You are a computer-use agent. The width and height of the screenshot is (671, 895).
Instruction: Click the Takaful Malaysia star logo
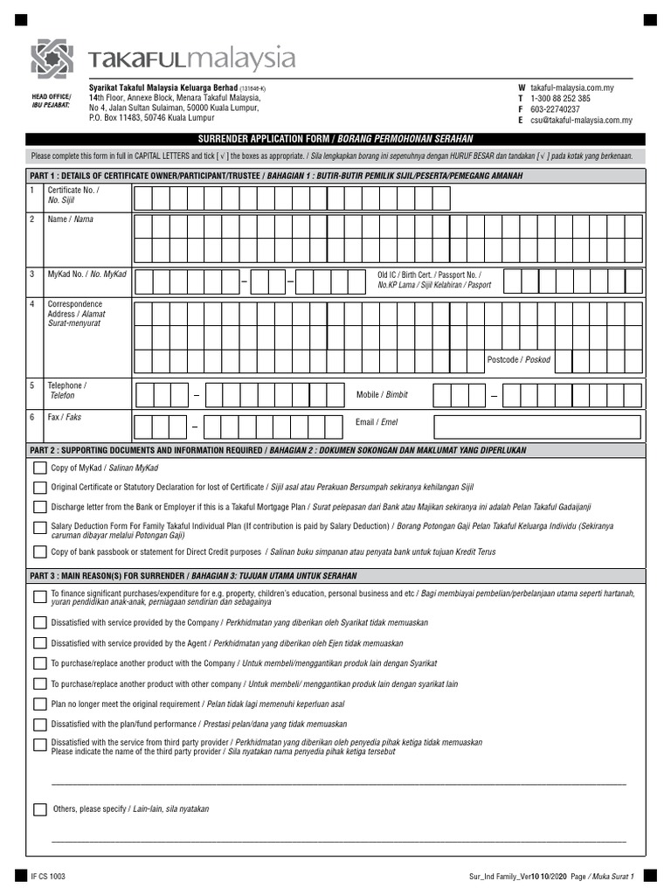52,59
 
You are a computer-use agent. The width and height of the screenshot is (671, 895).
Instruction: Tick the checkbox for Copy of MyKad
40,468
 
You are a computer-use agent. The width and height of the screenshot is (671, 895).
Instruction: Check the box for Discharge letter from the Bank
40,507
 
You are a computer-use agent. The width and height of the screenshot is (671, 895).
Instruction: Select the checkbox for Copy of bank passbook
40,552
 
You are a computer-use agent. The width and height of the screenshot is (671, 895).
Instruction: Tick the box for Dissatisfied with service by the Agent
40,642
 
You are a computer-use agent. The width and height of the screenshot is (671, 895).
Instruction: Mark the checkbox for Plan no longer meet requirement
40,704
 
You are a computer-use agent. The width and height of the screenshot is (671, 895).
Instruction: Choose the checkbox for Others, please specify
40,809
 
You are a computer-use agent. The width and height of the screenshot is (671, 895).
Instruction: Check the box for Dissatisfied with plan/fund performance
40,724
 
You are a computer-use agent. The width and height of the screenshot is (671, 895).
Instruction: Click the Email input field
538,426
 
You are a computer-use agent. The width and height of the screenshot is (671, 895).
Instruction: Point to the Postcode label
519,359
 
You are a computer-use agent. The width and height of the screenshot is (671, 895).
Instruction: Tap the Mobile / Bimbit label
382,395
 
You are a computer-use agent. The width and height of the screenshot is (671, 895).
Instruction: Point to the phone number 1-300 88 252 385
560,99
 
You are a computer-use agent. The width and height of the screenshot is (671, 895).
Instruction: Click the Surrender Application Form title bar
335,139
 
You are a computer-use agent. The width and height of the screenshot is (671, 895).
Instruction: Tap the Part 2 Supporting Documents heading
278,450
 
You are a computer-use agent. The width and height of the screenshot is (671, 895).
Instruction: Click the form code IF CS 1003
48,876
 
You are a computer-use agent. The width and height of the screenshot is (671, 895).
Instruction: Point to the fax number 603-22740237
555,110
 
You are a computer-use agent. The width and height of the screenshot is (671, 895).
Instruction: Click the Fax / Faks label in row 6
64,418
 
